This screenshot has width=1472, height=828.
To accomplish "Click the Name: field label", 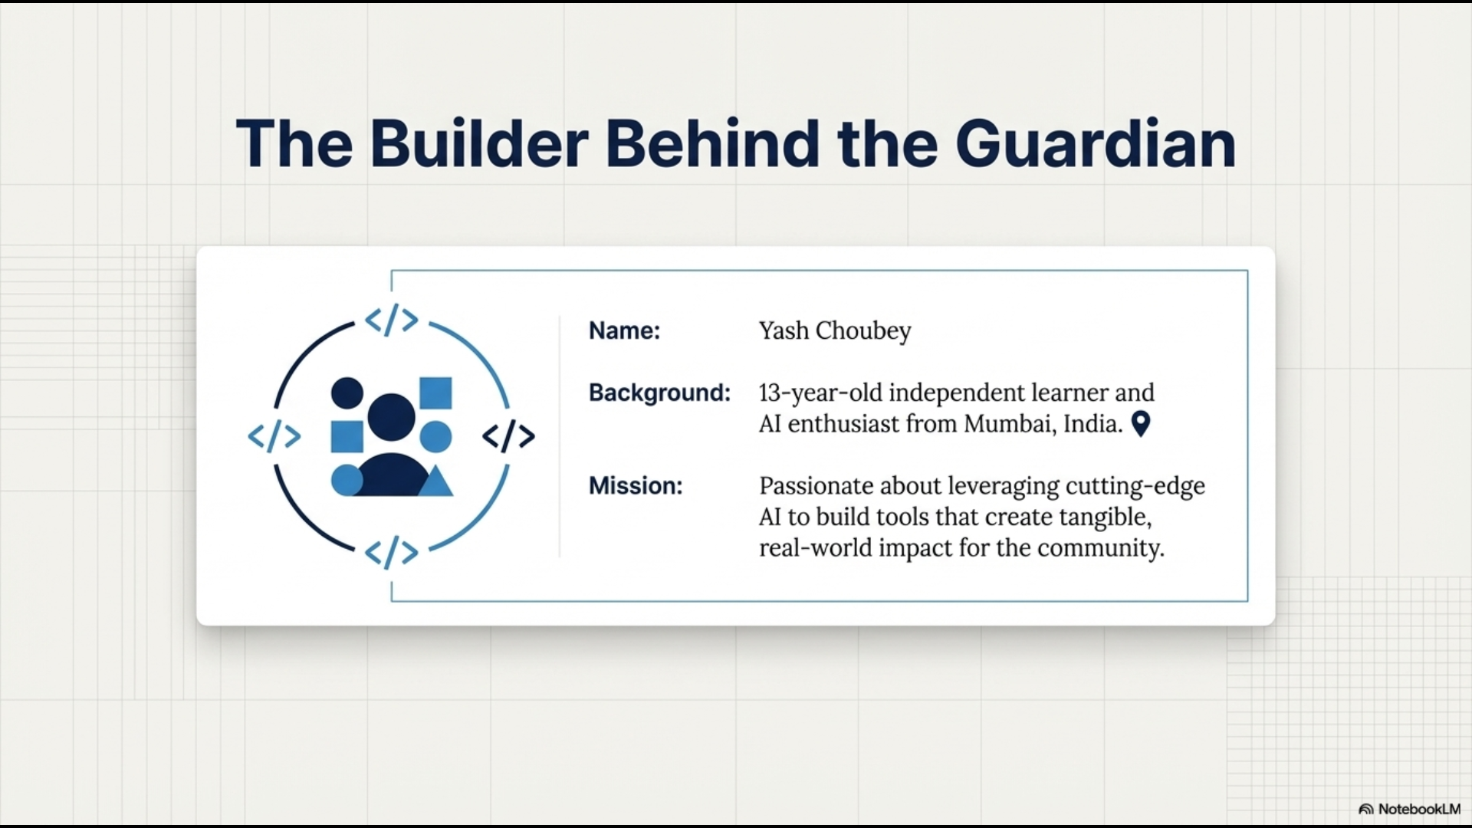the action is [x=624, y=330].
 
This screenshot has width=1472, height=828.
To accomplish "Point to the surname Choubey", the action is [x=863, y=331].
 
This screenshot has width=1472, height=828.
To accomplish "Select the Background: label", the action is [x=659, y=393].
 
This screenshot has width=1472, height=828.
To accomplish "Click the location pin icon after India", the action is [x=1141, y=424].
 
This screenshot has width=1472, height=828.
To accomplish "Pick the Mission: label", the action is [x=636, y=485].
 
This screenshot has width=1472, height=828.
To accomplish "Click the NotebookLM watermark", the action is [x=1410, y=809].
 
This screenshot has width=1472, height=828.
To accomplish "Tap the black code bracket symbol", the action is [x=508, y=436].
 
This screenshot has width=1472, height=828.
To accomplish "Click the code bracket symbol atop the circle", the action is [x=392, y=320].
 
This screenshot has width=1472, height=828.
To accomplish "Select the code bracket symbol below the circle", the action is [x=392, y=553].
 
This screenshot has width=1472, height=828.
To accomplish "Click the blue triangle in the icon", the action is [x=435, y=483].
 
